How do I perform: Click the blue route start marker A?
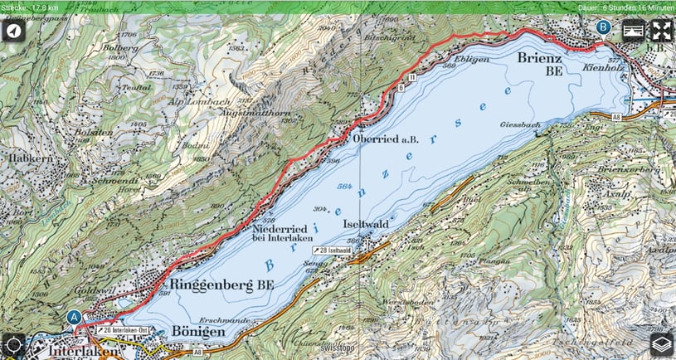pos(75,317)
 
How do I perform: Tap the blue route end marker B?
pos(604,27)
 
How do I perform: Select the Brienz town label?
pos(539,59)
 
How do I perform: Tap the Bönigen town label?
pos(198,331)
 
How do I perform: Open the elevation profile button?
pos(633,32)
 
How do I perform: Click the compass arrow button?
pos(13,32)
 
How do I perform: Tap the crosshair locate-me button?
pos(13,345)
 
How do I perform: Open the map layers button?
pos(661,345)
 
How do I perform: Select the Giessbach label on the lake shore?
pos(521,124)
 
